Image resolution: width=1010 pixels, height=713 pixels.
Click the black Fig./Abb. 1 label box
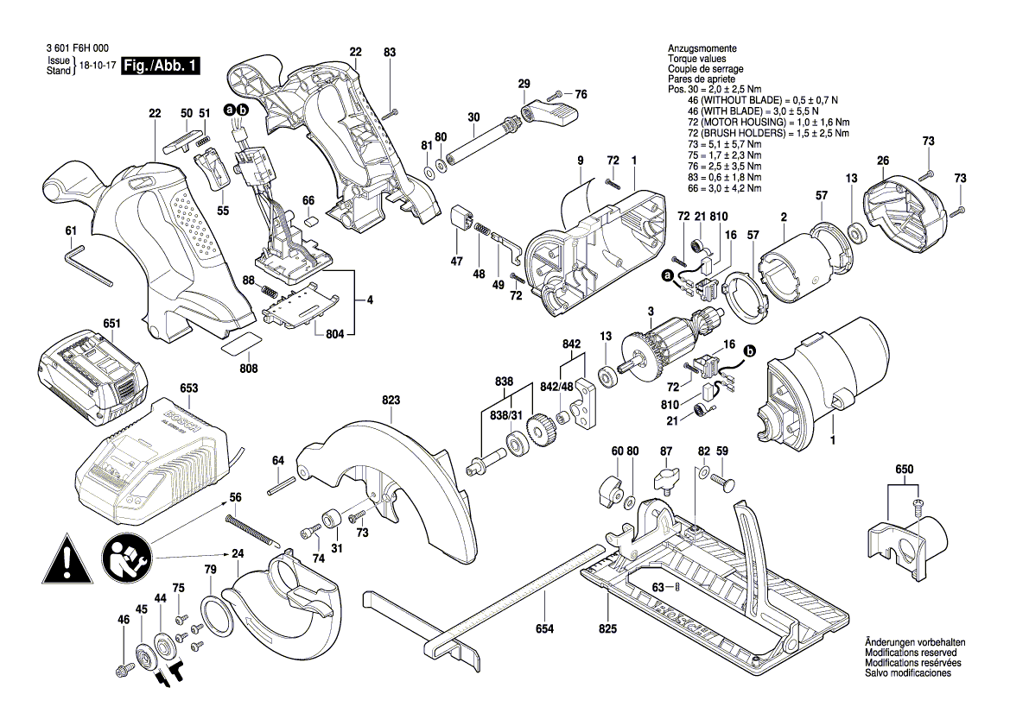[x=161, y=66]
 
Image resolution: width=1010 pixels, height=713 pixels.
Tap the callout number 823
[x=391, y=400]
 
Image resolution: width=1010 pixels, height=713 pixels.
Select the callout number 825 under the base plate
[x=607, y=628]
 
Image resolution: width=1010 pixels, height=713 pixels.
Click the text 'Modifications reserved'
[x=915, y=654]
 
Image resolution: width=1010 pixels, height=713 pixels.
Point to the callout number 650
[x=903, y=469]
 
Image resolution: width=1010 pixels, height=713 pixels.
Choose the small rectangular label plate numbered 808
[x=238, y=343]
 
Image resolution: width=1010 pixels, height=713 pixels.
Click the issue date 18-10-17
[x=97, y=66]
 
